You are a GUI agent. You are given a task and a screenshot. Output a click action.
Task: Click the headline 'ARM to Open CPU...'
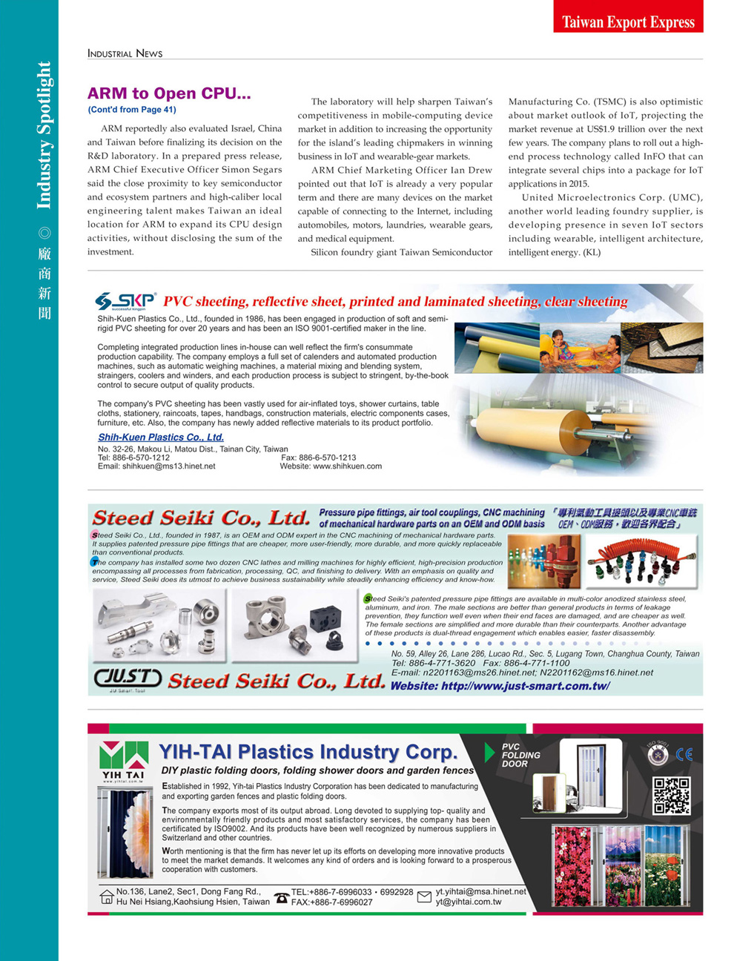[169, 93]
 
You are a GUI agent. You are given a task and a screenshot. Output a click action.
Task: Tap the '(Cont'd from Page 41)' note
[132, 110]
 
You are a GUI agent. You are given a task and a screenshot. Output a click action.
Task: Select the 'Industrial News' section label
[125, 53]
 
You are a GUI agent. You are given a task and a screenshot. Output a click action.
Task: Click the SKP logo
[125, 301]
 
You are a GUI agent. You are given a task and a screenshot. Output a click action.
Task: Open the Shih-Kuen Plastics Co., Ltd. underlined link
[160, 437]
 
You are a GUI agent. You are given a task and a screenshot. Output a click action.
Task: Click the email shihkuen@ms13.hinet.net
[156, 466]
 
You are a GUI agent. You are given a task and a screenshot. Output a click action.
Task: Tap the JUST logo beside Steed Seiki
[128, 678]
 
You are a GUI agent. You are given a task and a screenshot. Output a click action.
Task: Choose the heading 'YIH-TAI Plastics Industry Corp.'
[308, 752]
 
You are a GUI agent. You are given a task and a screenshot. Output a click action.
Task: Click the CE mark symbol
[684, 754]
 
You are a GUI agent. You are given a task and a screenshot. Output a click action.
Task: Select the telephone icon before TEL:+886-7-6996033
[281, 897]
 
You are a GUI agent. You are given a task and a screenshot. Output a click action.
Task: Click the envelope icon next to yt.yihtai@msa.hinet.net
[424, 897]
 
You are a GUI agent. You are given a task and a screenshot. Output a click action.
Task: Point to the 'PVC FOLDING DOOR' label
[520, 755]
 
